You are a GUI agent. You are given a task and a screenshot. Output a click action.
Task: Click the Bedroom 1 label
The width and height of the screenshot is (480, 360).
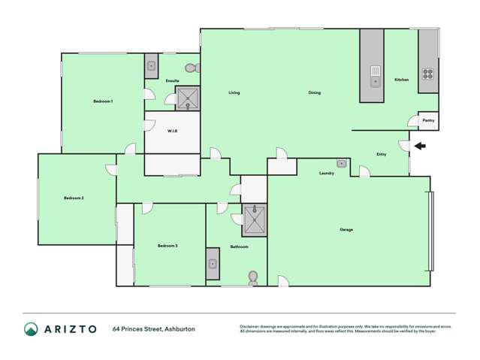point(103,101)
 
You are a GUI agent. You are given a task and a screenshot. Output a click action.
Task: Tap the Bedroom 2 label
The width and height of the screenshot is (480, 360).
point(74,198)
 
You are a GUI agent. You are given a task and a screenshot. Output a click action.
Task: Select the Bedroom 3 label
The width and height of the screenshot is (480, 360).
point(168,246)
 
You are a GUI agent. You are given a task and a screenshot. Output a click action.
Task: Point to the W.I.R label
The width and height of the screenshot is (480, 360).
point(172,131)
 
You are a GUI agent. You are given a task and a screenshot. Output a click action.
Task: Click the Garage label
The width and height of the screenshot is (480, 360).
point(346,229)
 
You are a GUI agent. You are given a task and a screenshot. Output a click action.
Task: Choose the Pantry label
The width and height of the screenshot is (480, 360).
point(428,120)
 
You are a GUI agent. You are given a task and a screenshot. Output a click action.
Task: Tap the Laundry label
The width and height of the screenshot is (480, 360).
point(327,174)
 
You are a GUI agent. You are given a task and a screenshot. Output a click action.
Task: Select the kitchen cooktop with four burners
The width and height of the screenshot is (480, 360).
point(427,74)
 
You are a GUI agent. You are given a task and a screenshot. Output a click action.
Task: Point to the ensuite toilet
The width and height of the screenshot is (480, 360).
point(192,68)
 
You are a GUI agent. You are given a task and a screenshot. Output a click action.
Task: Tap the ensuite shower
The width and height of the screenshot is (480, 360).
point(187,98)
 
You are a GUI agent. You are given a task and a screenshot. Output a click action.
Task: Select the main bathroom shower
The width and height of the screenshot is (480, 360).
point(255,219)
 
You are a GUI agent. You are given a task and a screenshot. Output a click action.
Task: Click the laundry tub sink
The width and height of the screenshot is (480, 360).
point(341,162)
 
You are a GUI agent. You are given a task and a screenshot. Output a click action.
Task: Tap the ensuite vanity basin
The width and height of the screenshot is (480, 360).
point(150,65)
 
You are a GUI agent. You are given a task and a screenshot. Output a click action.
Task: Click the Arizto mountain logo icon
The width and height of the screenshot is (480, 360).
point(31,328)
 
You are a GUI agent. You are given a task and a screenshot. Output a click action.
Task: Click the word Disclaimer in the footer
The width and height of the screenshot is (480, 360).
point(249,326)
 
